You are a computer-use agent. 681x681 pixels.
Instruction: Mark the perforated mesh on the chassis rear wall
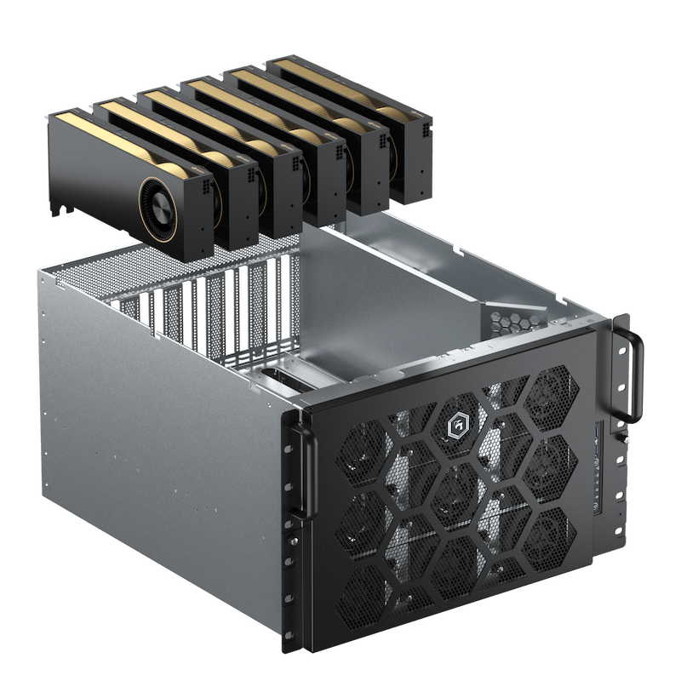click(x=85, y=281)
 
